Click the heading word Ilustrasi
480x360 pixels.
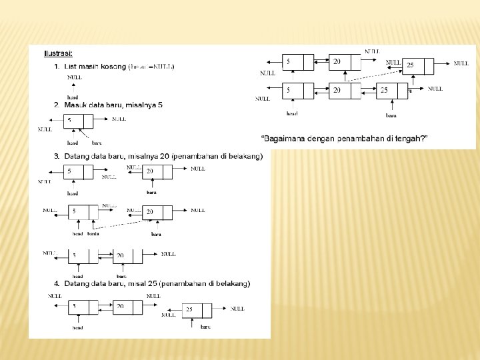(58, 53)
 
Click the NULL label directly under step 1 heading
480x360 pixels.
(75, 77)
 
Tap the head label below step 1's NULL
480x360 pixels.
(73, 97)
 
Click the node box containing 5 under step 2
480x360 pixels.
(79, 121)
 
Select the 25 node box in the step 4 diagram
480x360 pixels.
(197, 311)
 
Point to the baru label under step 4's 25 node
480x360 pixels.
(205, 327)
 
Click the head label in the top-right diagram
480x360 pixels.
(292, 114)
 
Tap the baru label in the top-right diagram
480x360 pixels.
(391, 115)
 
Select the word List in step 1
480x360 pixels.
(71, 67)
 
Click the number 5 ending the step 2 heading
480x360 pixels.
(160, 105)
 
